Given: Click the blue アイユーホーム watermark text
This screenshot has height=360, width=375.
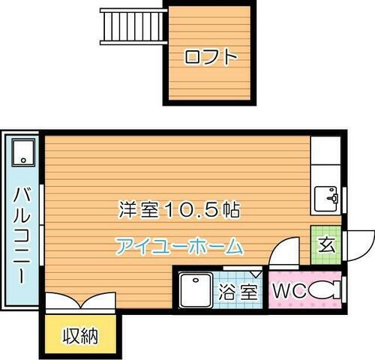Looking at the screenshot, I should click(x=180, y=245).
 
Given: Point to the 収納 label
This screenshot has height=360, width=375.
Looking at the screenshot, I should click(x=79, y=334).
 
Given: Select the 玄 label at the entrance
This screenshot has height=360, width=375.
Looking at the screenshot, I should click(x=326, y=244).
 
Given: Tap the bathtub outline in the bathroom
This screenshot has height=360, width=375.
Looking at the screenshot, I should click(x=196, y=291).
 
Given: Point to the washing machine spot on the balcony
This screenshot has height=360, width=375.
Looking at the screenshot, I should click(x=24, y=153).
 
